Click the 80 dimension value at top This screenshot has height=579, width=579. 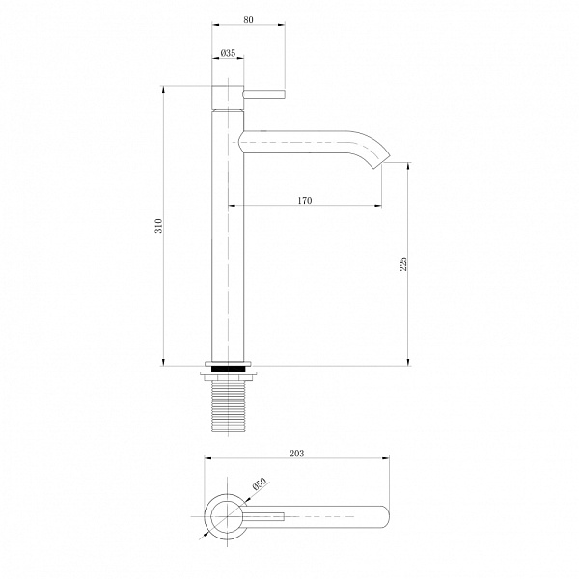click(x=249, y=19)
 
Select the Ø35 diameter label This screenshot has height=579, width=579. click(x=228, y=53)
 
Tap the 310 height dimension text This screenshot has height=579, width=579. click(x=158, y=226)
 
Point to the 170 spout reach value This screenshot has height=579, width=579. click(x=305, y=200)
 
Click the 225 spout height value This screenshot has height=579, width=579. click(x=402, y=264)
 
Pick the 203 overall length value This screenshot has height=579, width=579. click(x=297, y=454)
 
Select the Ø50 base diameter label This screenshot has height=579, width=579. click(x=260, y=483)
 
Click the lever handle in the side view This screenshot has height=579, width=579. click(x=264, y=95)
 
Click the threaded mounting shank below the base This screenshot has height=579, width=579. click(x=228, y=406)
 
